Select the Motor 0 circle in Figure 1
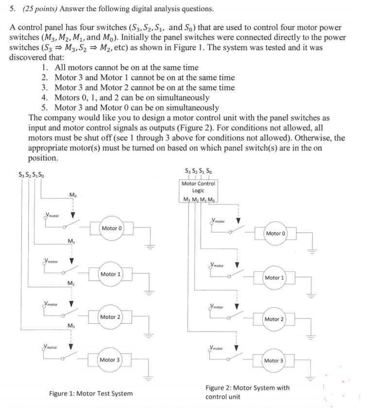[x=112, y=228]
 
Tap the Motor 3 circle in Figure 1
[x=110, y=360]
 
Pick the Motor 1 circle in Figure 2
[x=274, y=278]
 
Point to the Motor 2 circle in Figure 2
[x=274, y=319]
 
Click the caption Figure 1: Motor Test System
[x=91, y=393]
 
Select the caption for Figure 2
[x=248, y=392]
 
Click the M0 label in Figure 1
[x=73, y=195]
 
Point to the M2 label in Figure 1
[x=71, y=283]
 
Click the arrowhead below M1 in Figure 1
[x=71, y=261]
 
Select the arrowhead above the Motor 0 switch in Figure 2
[x=238, y=221]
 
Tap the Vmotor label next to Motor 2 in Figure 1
[x=50, y=304]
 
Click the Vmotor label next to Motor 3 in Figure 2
[x=216, y=348]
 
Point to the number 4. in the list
[x=45, y=98]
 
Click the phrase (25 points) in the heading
[x=40, y=9]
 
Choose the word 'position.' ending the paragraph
[x=43, y=158]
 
